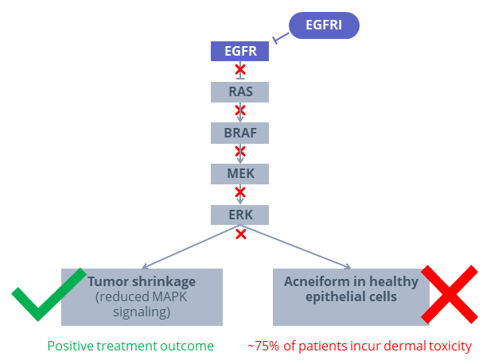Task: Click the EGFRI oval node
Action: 324,25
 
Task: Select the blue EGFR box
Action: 239,51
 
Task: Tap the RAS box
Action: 239,92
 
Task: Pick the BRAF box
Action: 239,133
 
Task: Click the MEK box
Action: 239,174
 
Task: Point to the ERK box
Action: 239,215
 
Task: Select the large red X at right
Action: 449,295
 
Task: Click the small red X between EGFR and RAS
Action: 240,70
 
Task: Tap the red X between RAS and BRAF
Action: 240,110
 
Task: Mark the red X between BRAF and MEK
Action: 240,151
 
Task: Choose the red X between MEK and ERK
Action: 240,192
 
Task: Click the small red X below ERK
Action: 241,234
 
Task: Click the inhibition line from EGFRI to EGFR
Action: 281,37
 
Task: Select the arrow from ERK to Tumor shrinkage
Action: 191,246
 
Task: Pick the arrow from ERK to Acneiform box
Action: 295,246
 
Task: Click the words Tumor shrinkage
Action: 142,281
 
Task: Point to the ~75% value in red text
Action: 263,346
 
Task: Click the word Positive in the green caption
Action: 70,346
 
